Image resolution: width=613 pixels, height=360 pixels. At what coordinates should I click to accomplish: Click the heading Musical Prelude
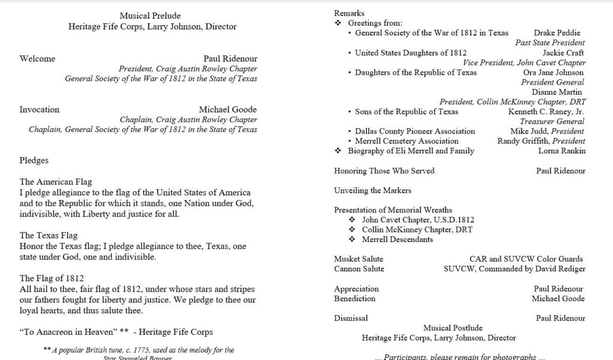coord(150,16)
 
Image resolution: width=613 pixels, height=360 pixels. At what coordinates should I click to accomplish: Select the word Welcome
coord(37,59)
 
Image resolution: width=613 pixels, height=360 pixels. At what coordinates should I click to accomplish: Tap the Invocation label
coord(40,110)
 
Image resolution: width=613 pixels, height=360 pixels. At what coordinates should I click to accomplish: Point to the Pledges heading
coord(34,161)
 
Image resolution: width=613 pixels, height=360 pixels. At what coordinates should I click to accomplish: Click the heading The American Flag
coord(56,182)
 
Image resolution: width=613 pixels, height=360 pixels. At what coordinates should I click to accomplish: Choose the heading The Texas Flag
coord(48,235)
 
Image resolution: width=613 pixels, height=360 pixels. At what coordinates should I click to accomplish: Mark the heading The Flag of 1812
coord(51,279)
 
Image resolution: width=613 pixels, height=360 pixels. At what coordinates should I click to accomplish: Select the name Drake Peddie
coord(557,33)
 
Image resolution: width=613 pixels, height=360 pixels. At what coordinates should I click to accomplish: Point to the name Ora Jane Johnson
coord(553,72)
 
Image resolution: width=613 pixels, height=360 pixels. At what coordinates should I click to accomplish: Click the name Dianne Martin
coord(557,92)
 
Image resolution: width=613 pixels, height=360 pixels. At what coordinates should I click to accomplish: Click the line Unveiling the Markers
coord(372,190)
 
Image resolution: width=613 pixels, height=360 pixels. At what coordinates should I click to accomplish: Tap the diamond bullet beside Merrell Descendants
coord(351,240)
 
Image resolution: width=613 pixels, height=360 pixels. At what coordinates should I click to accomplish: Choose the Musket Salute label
coord(359,259)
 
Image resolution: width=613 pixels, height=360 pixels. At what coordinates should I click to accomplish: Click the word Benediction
coord(355,298)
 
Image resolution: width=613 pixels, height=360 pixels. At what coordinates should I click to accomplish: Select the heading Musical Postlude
coord(453,328)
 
